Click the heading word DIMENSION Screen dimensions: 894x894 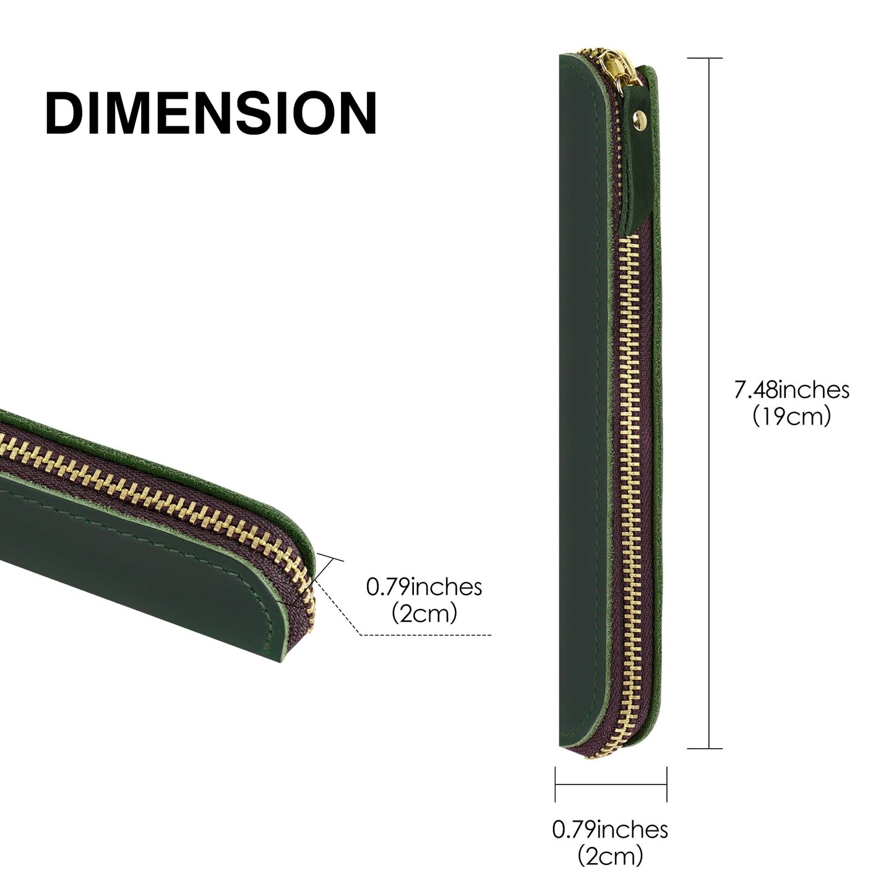pyautogui.click(x=211, y=113)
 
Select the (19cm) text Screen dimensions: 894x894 pyautogui.click(x=791, y=416)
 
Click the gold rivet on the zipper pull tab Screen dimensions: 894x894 pyautogui.click(x=642, y=116)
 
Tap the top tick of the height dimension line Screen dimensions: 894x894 pyautogui.click(x=705, y=58)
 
